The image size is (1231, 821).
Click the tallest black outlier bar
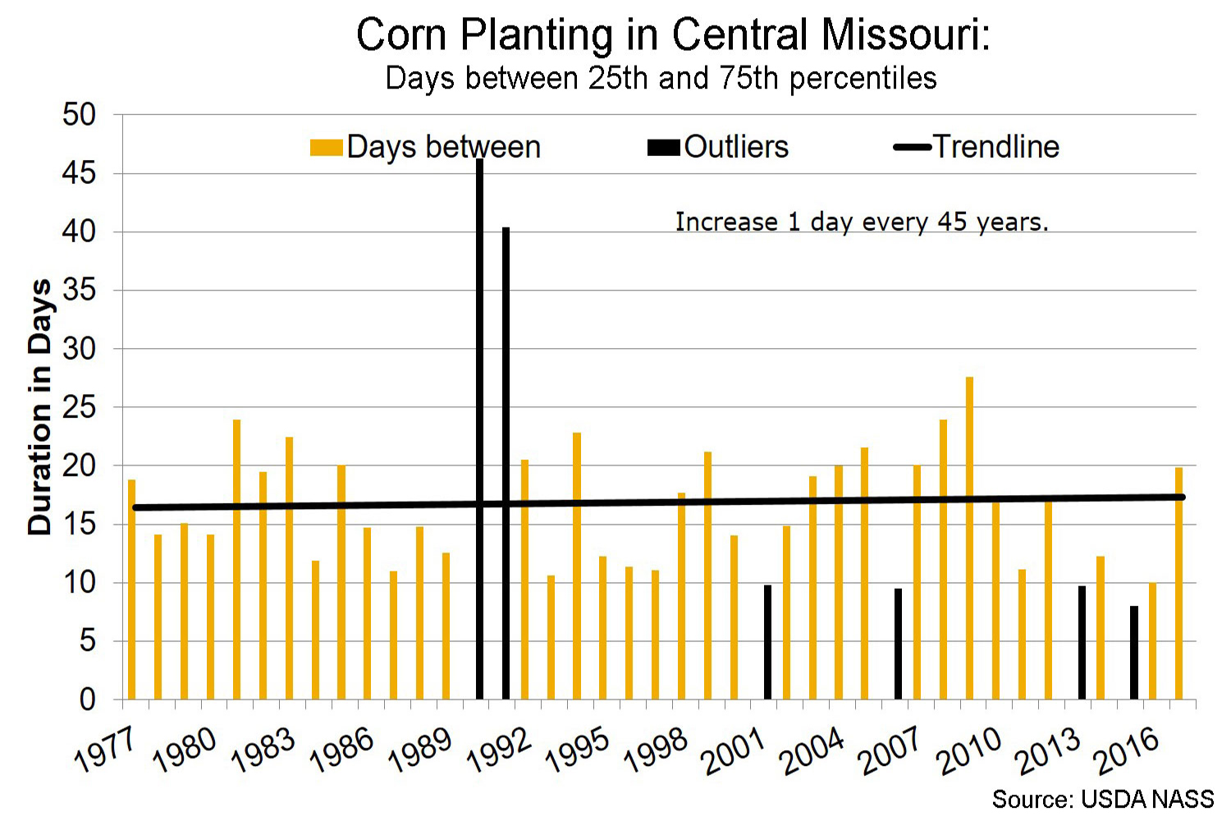(480, 427)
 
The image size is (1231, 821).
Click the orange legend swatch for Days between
(326, 148)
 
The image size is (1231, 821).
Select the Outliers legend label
(736, 147)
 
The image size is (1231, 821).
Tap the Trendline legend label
(995, 147)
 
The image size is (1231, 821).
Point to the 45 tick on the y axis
(79, 173)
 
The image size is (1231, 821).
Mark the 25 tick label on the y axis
(79, 407)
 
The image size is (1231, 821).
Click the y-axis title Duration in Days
(39, 407)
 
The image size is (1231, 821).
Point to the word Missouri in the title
(905, 34)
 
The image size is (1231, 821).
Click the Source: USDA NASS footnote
(1102, 799)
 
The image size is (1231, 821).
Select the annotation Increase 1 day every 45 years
(862, 222)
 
